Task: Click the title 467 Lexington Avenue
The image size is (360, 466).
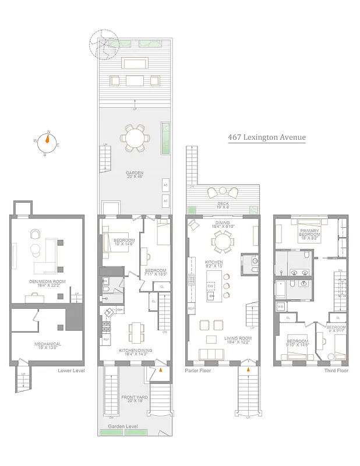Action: [x=266, y=138]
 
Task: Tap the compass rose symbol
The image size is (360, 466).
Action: [x=48, y=143]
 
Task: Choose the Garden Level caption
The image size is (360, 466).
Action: [x=134, y=426]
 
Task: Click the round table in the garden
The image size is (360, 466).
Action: [x=135, y=139]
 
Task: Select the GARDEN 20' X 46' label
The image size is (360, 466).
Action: [x=135, y=174]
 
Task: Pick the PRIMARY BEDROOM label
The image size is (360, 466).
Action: [x=309, y=234]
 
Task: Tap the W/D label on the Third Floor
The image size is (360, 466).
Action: [x=281, y=306]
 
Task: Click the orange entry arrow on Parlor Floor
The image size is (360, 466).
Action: [x=249, y=368]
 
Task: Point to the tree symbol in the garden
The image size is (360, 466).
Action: [x=103, y=45]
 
